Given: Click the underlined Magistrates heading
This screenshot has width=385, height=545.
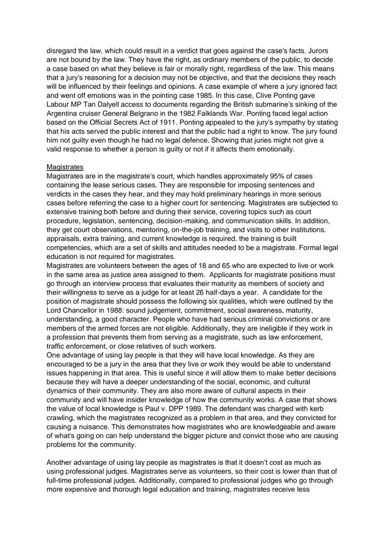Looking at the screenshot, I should tap(65, 167).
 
